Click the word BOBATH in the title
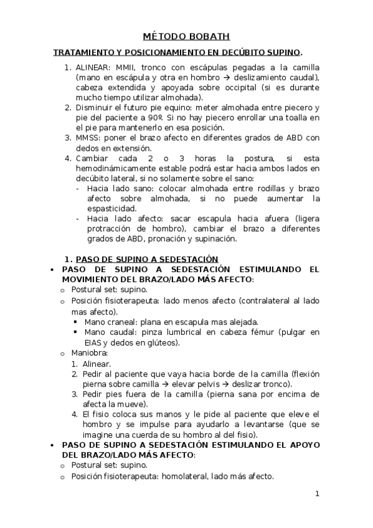209,38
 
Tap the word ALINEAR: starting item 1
93,67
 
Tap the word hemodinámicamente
121,168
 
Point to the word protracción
111,229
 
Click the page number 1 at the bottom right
317,494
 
